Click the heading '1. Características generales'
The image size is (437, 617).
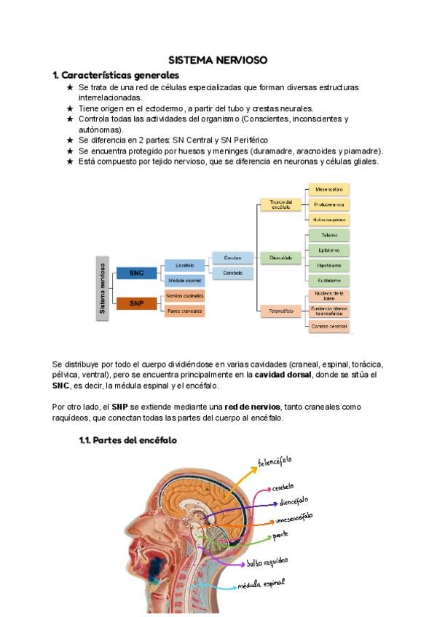tap(116, 75)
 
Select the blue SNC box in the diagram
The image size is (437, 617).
tap(137, 273)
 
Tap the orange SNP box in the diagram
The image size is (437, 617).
tap(137, 303)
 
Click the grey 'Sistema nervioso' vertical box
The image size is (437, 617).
tap(103, 288)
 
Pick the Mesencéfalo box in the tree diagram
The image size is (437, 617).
tap(328, 189)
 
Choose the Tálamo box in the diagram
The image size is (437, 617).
tap(328, 235)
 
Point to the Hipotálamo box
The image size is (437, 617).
tap(328, 266)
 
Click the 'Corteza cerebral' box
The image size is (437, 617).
tap(328, 326)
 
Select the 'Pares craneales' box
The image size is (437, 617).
tap(184, 311)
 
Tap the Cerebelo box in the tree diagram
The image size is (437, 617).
tap(233, 273)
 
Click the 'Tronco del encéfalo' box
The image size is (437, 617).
tap(280, 204)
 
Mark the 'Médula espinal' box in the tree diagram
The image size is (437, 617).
tap(184, 280)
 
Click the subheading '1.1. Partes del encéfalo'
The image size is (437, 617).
tap(127, 440)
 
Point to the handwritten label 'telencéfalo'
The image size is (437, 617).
tap(275, 461)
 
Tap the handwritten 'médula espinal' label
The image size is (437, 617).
tap(261, 584)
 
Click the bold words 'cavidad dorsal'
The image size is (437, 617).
tap(280, 375)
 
